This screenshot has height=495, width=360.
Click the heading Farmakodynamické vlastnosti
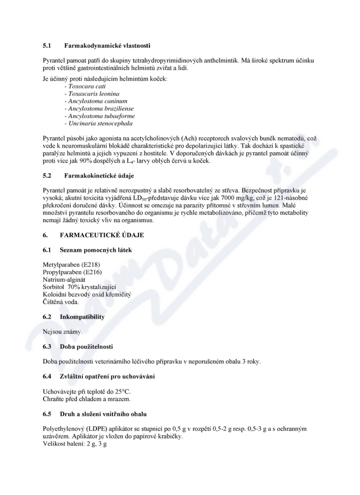click(107, 45)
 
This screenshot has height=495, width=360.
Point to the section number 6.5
click(47, 414)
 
